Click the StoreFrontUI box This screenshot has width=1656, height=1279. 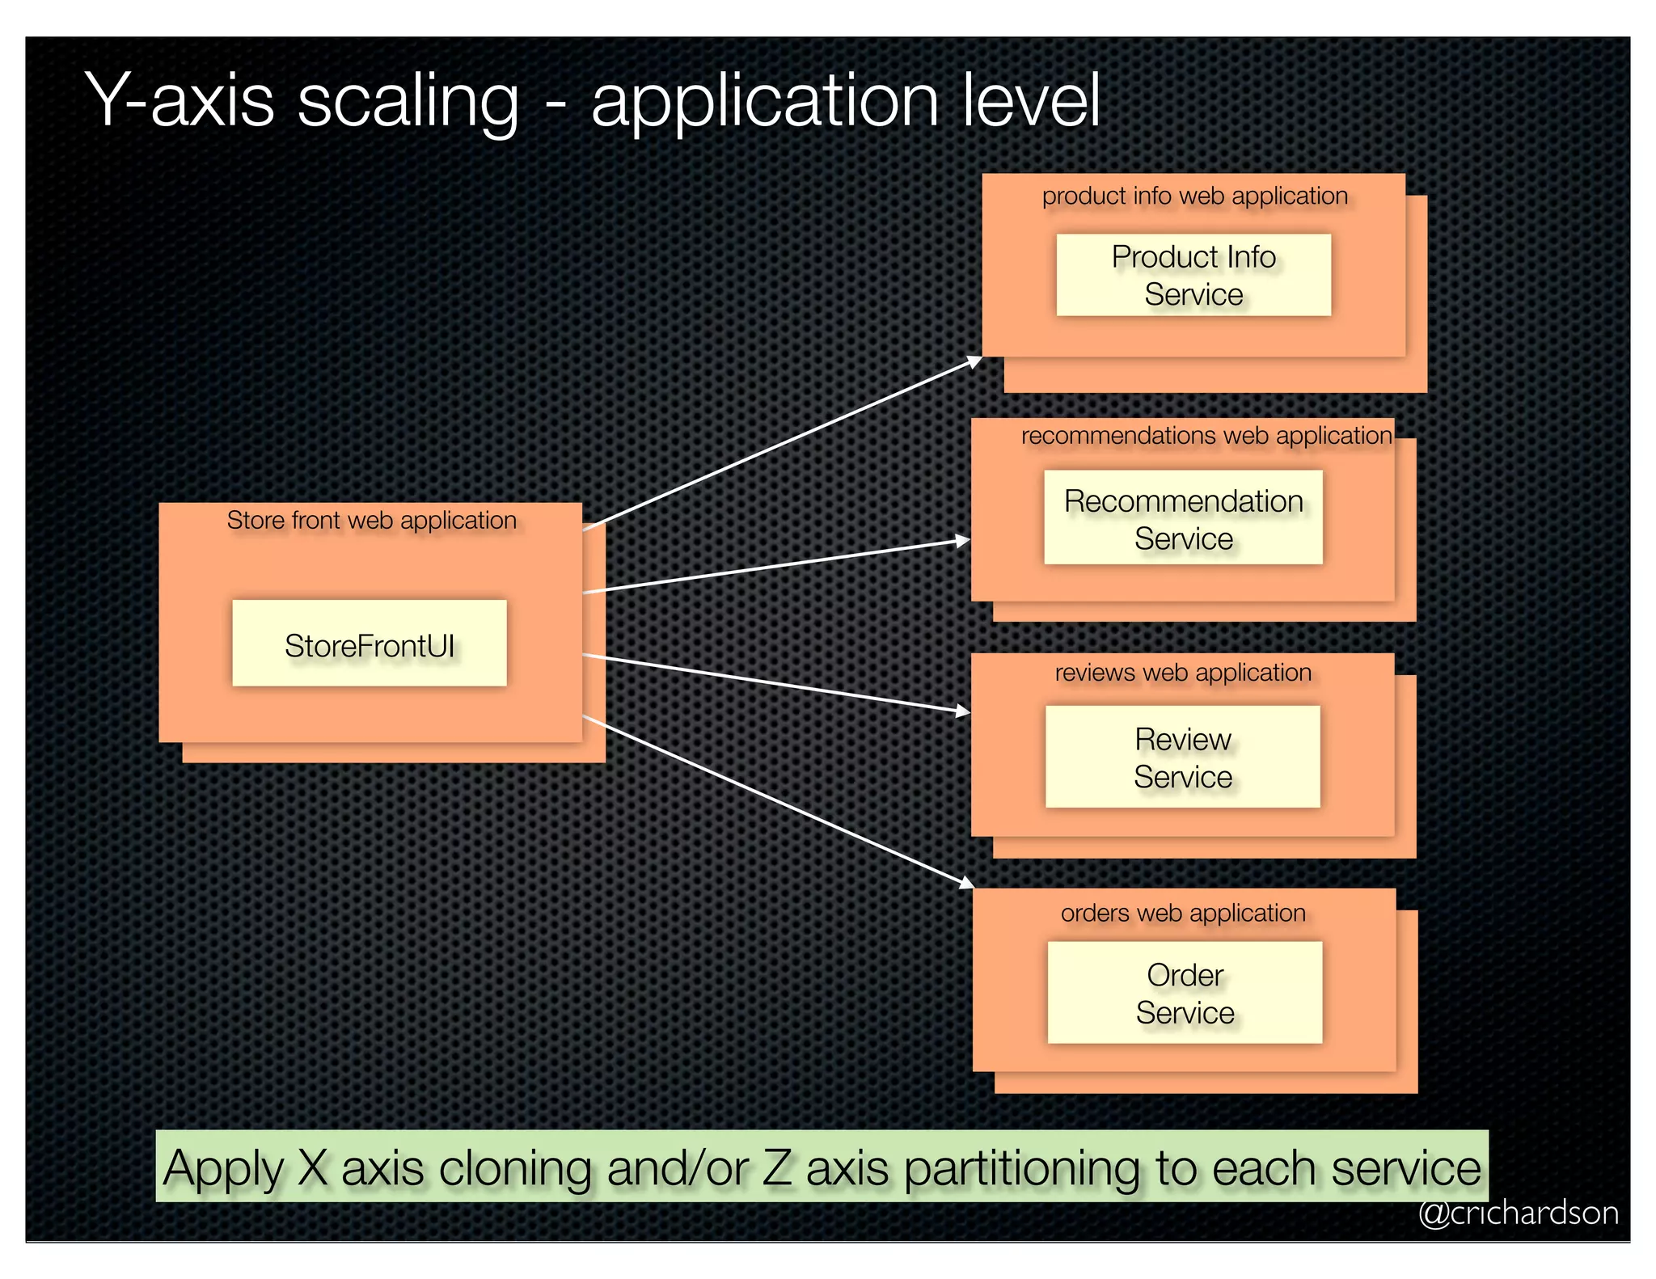[370, 644]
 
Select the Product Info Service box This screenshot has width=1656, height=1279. [1193, 275]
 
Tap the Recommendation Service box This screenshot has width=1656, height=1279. [1183, 517]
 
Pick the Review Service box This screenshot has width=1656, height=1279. [1182, 757]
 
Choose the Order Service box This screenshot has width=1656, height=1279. [1185, 992]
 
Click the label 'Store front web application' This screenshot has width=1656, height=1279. [371, 520]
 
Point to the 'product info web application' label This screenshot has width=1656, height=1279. [1194, 196]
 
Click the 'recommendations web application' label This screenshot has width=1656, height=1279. [1206, 436]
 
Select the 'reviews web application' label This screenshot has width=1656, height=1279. [1183, 673]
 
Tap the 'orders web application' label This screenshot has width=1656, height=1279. [1183, 913]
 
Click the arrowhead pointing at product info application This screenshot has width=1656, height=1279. [975, 361]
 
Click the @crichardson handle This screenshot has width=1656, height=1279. [1518, 1214]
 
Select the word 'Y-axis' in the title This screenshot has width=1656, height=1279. [180, 100]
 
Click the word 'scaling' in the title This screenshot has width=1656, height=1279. [408, 100]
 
